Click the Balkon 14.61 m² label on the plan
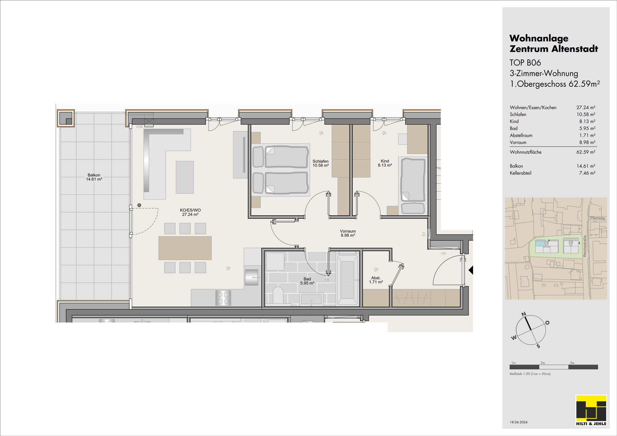(94, 177)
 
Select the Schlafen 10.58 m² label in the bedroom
(321, 164)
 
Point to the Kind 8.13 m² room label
(385, 163)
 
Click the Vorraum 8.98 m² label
(348, 233)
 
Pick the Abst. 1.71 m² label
(376, 280)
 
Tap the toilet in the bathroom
(278, 295)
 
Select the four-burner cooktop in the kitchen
(223, 298)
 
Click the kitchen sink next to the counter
(252, 277)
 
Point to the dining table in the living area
(185, 248)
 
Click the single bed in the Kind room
(413, 186)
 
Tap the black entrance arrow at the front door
(471, 270)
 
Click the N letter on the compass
(523, 314)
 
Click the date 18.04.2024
(518, 422)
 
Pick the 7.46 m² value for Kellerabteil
(587, 173)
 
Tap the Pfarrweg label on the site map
(597, 218)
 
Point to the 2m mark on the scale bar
(543, 363)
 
